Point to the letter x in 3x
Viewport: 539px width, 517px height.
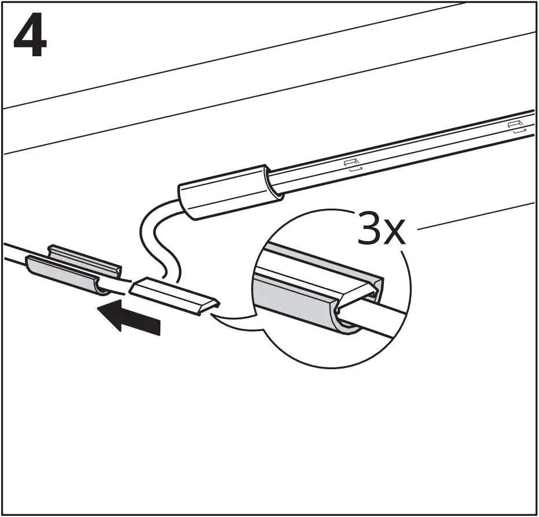(398, 232)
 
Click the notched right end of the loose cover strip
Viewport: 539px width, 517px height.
(212, 306)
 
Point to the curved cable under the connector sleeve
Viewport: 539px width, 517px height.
(149, 232)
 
